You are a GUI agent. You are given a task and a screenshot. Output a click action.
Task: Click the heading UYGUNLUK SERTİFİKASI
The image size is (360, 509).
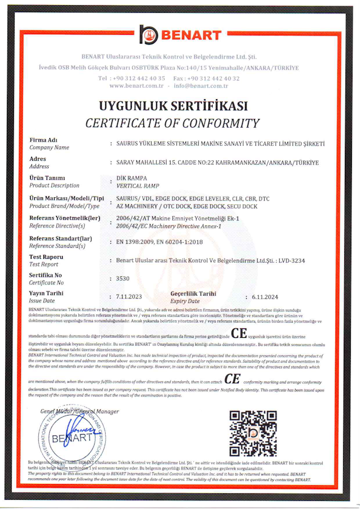(x=172, y=106)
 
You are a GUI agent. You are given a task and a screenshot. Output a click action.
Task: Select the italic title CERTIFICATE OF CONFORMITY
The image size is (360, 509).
(x=172, y=123)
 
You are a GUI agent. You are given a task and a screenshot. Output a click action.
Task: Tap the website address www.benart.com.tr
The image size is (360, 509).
(x=136, y=85)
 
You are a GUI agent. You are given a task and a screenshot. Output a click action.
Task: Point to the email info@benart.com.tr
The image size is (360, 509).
(x=200, y=85)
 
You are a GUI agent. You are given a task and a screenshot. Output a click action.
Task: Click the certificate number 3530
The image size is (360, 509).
(x=123, y=279)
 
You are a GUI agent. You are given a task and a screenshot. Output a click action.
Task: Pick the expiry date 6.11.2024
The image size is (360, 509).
(x=265, y=297)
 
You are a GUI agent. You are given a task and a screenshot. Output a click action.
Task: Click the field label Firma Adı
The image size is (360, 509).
(x=44, y=140)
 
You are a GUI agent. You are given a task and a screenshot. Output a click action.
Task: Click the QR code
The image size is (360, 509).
(x=253, y=434)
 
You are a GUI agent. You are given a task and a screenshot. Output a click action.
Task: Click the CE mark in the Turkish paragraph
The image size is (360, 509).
(x=239, y=334)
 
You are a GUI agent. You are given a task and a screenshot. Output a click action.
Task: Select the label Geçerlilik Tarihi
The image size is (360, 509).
(x=193, y=294)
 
